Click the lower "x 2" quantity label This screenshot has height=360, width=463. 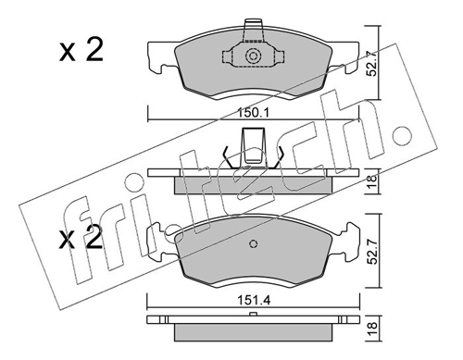81,242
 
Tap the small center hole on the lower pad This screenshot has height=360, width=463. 254,245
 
